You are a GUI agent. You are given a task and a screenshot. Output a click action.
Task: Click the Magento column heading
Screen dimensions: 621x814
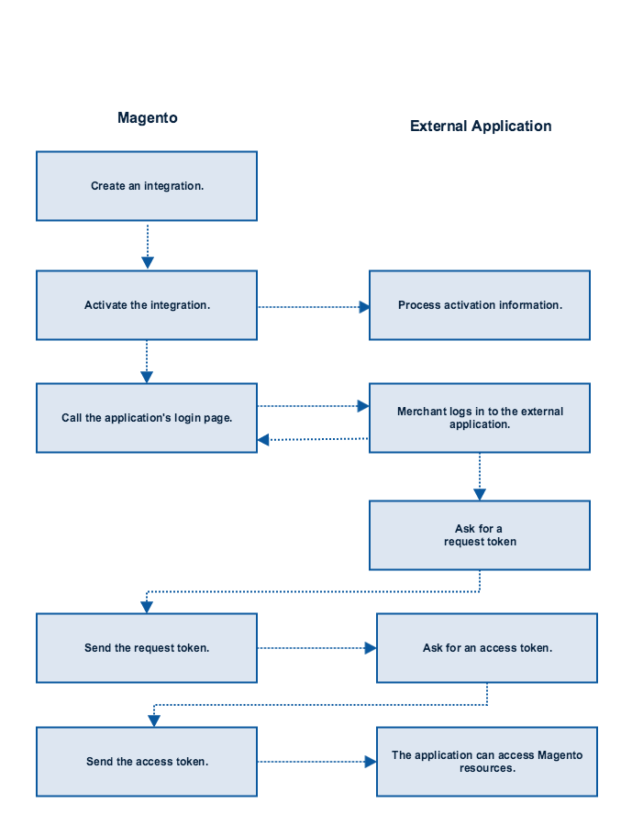click(148, 118)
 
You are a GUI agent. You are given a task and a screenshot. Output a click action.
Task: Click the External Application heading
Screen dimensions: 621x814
click(481, 126)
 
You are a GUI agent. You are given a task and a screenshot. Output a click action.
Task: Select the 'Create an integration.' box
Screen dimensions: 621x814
click(147, 186)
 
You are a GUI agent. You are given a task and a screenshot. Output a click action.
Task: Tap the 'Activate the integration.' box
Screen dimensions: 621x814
click(147, 305)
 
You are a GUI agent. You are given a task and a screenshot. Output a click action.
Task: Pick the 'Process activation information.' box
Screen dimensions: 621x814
click(480, 305)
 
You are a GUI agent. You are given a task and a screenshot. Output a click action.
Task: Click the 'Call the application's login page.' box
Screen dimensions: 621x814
click(147, 418)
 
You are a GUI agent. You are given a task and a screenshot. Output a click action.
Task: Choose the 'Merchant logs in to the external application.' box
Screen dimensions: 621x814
click(480, 418)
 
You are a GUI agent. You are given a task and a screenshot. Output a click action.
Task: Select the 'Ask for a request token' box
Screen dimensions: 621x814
click(480, 535)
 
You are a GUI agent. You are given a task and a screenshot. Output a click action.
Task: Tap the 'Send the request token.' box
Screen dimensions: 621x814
click(147, 648)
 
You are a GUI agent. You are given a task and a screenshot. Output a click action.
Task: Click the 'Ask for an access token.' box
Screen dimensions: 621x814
click(487, 648)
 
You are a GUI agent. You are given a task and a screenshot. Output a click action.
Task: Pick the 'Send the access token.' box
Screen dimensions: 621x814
click(147, 762)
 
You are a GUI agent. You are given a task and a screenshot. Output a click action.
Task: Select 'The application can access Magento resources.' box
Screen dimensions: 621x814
click(487, 762)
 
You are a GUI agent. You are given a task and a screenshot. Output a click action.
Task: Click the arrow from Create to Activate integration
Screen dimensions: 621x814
click(148, 246)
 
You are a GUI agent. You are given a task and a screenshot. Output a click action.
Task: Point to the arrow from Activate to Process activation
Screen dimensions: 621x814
click(314, 307)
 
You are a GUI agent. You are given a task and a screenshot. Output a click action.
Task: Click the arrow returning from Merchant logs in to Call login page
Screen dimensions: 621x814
click(313, 440)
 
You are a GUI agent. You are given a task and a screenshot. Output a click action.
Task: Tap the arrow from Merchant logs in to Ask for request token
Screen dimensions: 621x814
click(480, 477)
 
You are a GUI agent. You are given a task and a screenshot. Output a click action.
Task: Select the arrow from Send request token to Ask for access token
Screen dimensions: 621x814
click(317, 648)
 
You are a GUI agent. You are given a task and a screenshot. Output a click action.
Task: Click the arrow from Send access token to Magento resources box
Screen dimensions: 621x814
click(317, 762)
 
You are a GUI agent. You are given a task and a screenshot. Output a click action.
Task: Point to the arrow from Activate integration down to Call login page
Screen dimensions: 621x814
click(147, 362)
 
